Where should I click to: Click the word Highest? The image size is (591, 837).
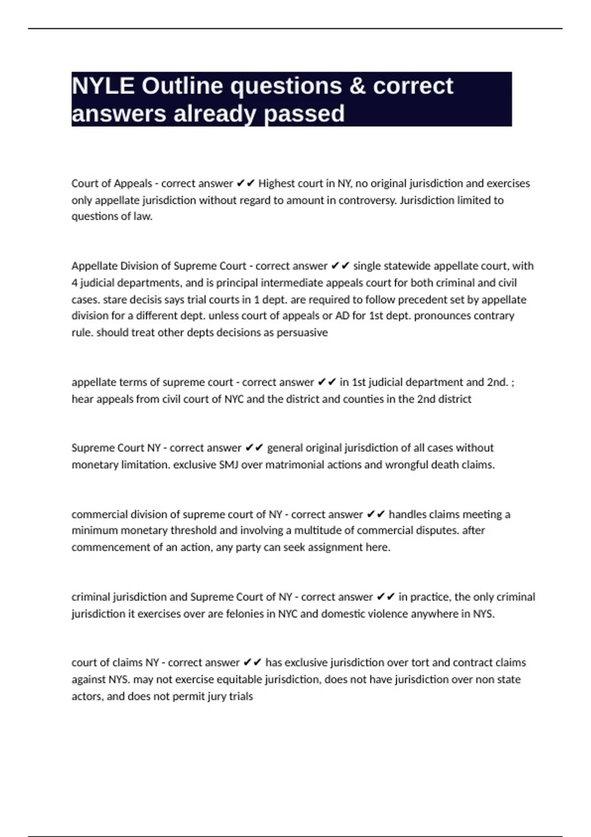[x=276, y=184]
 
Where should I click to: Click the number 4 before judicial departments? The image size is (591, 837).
[x=74, y=283]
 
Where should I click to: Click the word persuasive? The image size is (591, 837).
[x=302, y=333]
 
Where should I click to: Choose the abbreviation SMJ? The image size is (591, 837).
[x=229, y=465]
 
